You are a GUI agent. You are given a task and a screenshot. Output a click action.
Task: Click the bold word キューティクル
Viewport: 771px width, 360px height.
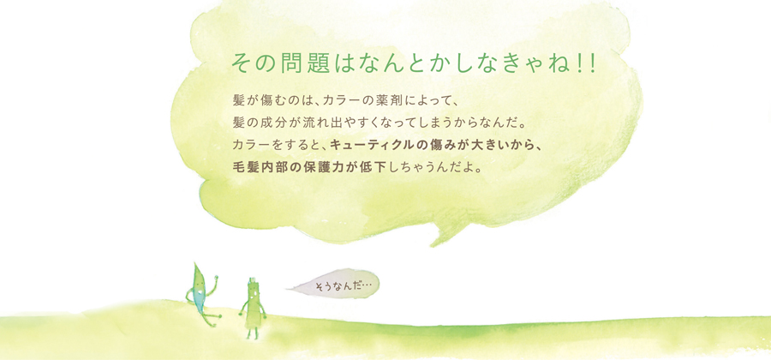pos(375,145)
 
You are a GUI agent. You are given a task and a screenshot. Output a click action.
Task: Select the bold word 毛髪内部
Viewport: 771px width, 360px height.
pos(256,167)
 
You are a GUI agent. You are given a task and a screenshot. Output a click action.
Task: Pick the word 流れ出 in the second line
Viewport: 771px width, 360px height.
pos(313,122)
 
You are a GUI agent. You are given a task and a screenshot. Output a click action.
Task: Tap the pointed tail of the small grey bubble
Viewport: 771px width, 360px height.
pos(290,289)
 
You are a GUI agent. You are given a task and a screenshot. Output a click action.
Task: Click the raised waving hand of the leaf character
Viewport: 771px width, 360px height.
pos(215,279)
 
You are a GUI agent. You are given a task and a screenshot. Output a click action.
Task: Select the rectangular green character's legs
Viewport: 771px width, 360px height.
pos(252,333)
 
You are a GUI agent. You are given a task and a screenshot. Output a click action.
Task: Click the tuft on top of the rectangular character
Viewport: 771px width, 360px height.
pos(252,281)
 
